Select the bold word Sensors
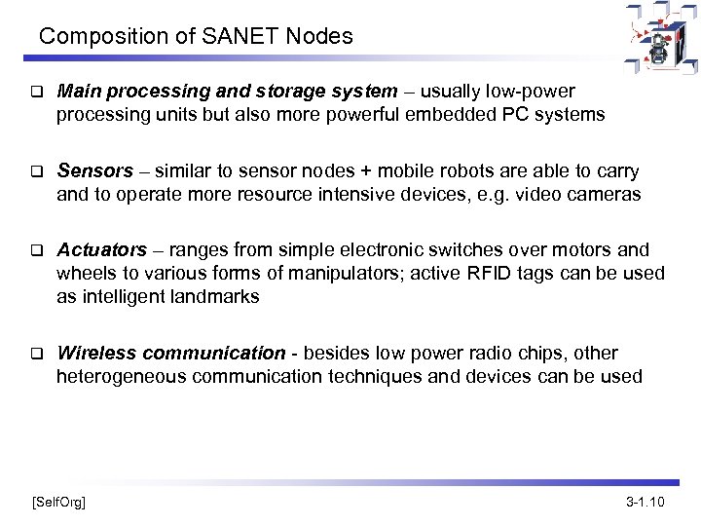pyautogui.click(x=94, y=171)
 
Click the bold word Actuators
pyautogui.click(x=101, y=251)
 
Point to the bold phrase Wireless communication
pyautogui.click(x=170, y=353)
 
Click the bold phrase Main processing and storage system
pyautogui.click(x=227, y=92)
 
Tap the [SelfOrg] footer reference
pyautogui.click(x=58, y=503)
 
